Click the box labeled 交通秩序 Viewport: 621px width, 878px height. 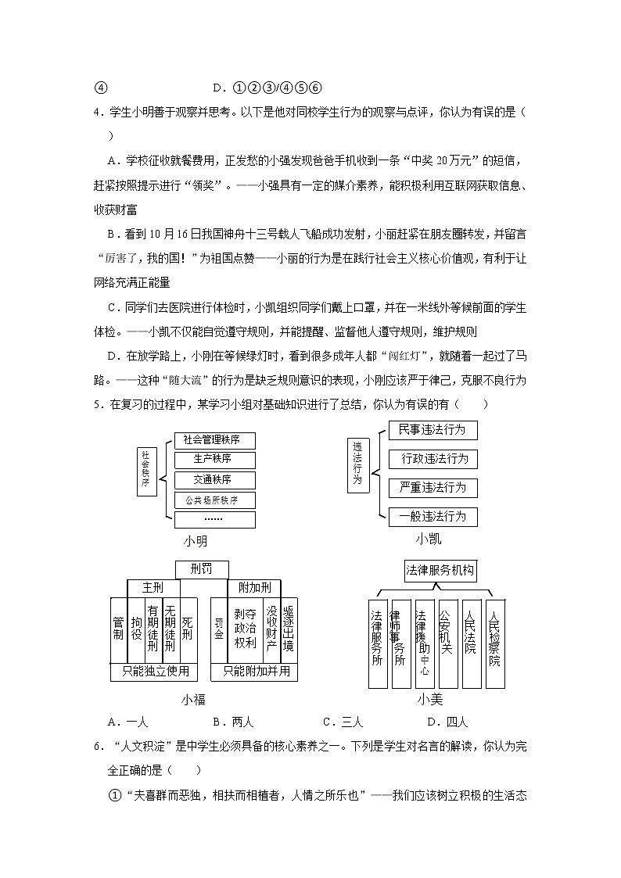pos(214,480)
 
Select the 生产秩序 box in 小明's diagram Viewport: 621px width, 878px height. pos(214,460)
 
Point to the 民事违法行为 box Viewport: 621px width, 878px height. pos(433,430)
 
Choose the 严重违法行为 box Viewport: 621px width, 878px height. pos(433,488)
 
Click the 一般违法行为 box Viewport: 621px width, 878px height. pos(433,517)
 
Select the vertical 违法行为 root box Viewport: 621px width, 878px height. pos(358,465)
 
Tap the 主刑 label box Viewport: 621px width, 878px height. pos(152,588)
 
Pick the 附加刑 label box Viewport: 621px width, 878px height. pos(254,588)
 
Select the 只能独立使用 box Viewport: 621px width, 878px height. pos(154,672)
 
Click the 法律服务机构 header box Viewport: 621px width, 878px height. pos(440,572)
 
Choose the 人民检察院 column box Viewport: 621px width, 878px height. pos(494,637)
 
